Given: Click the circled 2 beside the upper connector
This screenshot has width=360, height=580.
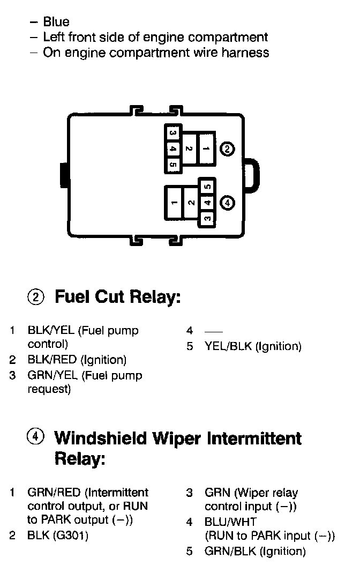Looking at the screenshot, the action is point(228,149).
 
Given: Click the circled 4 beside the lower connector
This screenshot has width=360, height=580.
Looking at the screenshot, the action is point(228,203).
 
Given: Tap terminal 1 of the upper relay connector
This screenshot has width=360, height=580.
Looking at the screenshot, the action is point(206,149).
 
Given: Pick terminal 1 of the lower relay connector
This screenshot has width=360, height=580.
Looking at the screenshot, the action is point(174,203).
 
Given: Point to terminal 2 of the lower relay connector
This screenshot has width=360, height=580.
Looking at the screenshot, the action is point(191,203).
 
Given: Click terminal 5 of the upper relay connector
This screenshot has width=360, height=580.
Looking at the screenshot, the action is point(172,165).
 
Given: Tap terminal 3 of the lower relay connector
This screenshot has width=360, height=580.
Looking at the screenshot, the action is point(208,218).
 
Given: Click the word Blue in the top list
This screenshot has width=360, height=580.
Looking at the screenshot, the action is point(56,22).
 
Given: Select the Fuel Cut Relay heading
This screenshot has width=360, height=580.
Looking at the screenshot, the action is point(117,297).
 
